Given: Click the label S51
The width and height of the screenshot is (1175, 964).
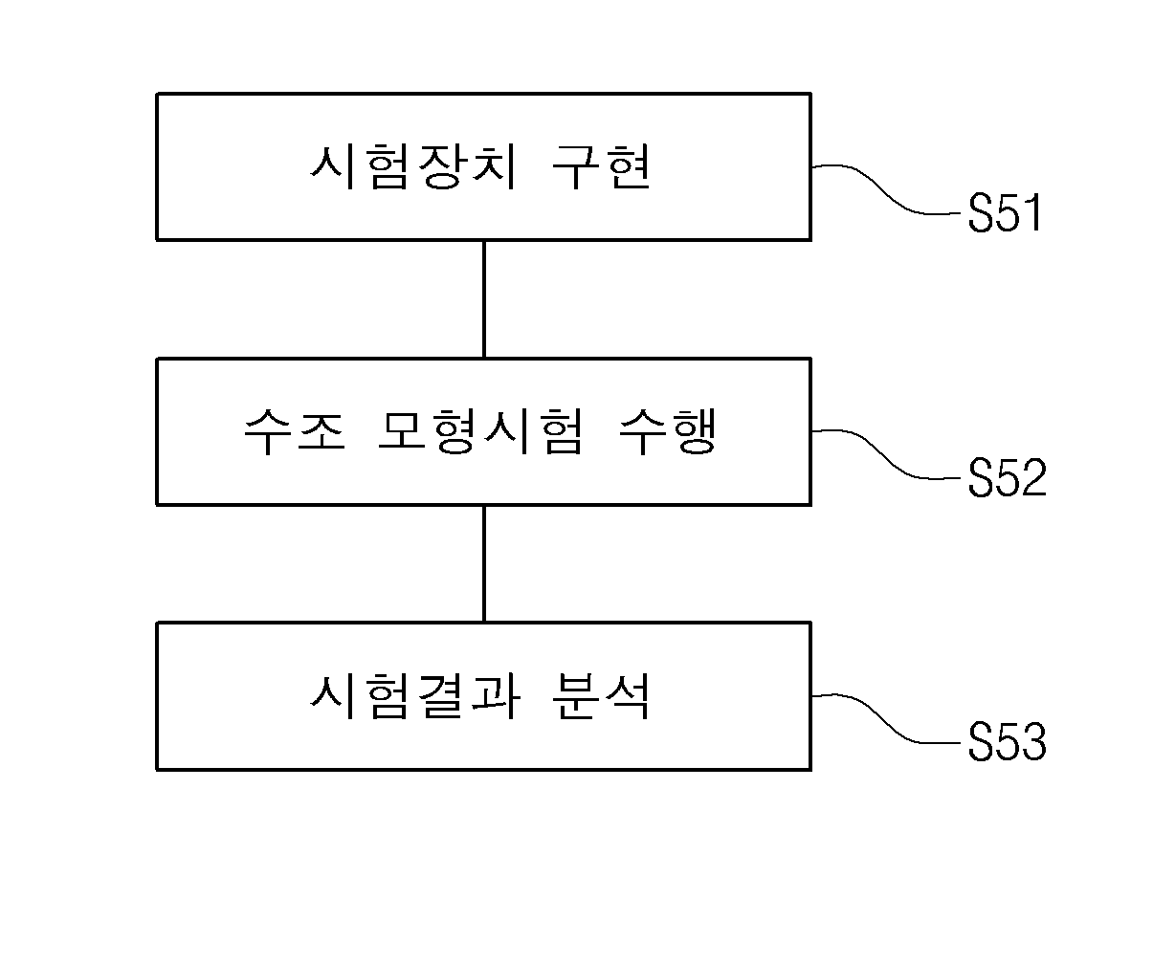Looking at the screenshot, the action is point(1005,212).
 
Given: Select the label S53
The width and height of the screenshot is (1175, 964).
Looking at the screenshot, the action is point(1008,742).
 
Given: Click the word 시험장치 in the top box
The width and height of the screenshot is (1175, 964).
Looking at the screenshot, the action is point(413,166).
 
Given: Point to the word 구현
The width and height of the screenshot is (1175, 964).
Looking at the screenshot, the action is point(601,166).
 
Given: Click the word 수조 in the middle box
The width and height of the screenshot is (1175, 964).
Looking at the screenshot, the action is point(295,431).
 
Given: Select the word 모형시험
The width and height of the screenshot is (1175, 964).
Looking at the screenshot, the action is point(480,431).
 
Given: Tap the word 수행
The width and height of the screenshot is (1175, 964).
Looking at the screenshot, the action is point(668,431).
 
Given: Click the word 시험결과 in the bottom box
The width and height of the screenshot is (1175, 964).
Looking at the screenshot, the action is point(415,696).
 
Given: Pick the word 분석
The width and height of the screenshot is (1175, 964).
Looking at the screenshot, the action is point(601,696).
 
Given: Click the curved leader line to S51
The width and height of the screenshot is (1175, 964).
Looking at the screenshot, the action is point(886,189).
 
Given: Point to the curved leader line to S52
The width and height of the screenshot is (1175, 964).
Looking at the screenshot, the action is point(886,454).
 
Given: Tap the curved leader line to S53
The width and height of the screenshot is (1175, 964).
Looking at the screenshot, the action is point(886,718).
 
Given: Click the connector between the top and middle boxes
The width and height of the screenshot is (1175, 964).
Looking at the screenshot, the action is point(483,299).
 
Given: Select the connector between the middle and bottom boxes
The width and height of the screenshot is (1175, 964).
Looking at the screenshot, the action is point(483,563).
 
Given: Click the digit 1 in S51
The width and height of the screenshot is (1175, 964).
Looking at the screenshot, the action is point(1032,212).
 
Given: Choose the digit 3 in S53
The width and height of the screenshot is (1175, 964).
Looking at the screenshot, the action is point(1034,742).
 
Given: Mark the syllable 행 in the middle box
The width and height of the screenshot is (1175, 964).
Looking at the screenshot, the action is point(693,431).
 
